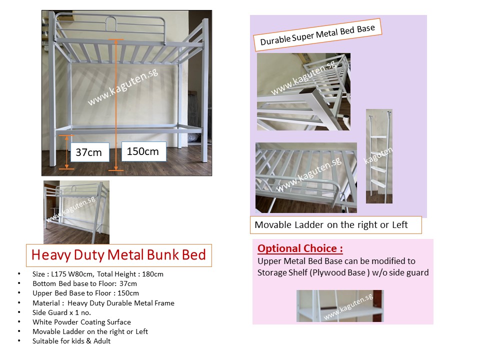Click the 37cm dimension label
coord(88,152)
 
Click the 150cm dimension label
coord(143,151)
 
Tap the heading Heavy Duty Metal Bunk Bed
coord(118,255)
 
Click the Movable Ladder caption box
coord(335,225)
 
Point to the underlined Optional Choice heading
coord(300,248)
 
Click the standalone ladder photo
coord(379,156)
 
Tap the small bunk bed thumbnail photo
coord(76,212)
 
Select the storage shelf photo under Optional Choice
coord(340,305)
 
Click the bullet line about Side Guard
coord(61,312)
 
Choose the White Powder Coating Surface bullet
coord(81,322)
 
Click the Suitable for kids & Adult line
coord(71,341)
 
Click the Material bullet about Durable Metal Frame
coord(103,303)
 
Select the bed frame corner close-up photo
coord(303,92)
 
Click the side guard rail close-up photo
coord(306,177)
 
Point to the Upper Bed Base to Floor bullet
coord(85,293)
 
